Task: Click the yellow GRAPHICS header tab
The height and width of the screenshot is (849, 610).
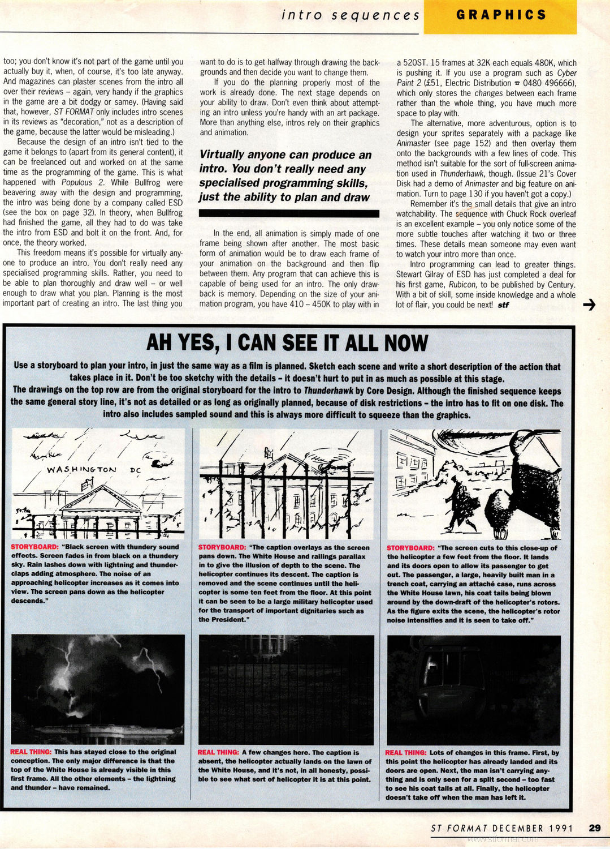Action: [501, 15]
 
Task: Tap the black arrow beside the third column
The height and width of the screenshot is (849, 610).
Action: [589, 305]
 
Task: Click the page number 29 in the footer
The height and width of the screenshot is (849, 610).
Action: [594, 827]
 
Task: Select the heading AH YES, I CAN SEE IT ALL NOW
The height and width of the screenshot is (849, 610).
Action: [287, 343]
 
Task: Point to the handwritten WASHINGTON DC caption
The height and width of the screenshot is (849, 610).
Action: [94, 469]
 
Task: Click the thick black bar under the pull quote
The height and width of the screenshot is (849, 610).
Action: [289, 213]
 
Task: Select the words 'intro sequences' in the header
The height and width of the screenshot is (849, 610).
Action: [351, 15]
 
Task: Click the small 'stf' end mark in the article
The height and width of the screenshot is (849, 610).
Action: [503, 305]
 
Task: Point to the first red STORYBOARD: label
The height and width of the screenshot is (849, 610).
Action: [34, 547]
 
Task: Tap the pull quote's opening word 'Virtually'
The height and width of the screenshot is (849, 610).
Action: [222, 155]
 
